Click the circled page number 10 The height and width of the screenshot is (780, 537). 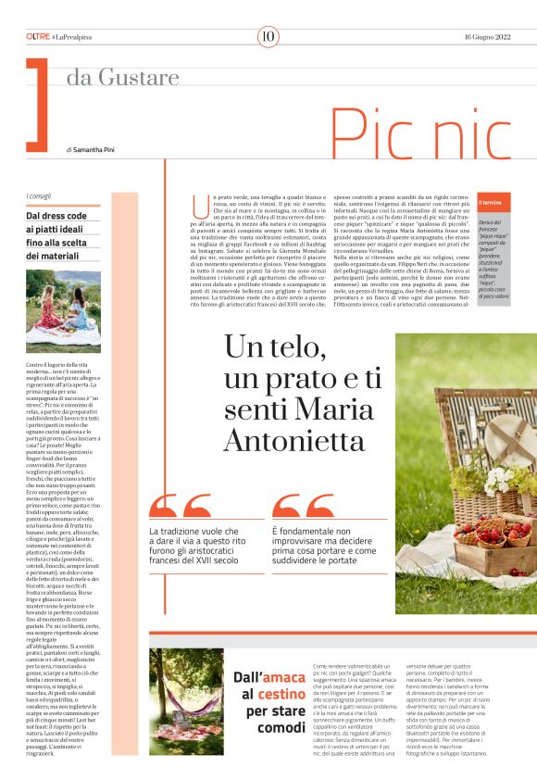tap(268, 36)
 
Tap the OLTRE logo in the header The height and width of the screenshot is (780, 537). tap(38, 36)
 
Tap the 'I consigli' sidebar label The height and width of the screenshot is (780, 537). tap(40, 195)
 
